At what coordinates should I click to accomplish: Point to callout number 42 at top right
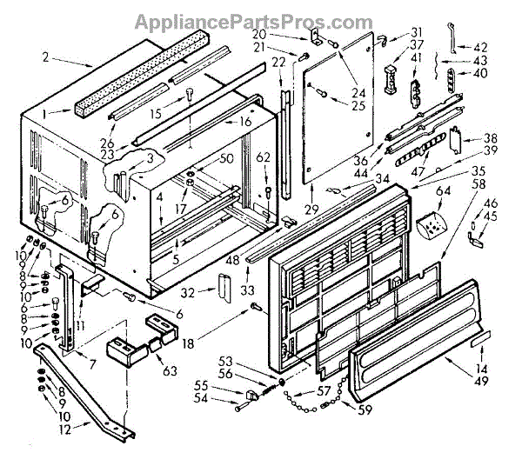(480, 47)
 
